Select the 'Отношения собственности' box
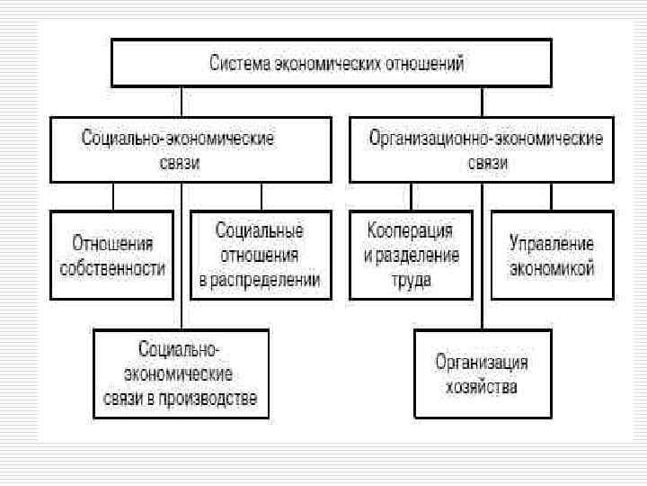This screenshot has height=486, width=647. pos(113,256)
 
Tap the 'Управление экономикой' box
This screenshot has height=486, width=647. pos(552,256)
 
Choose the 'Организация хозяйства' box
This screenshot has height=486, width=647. pos(482,374)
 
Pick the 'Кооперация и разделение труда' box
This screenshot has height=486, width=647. pos(411,256)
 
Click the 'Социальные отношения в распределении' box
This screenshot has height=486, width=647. pos(259,256)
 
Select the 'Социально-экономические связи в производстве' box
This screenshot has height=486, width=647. pos(181,373)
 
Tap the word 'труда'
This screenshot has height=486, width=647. pos(411,280)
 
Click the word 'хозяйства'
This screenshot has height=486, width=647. pos(483,388)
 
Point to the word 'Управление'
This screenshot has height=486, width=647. pos(552,244)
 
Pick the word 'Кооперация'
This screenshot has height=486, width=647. pos(411,232)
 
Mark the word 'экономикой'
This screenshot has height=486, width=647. pos(552,268)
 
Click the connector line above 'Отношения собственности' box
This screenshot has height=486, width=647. pos(113,196)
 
